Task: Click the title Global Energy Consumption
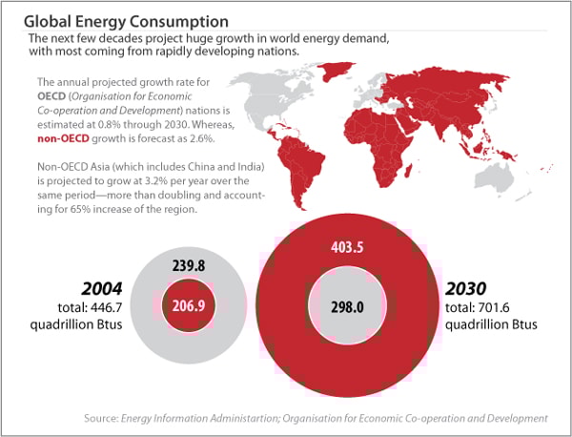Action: point(126,20)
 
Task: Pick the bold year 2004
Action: point(99,288)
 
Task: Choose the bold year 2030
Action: point(467,288)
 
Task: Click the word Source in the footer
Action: point(101,418)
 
